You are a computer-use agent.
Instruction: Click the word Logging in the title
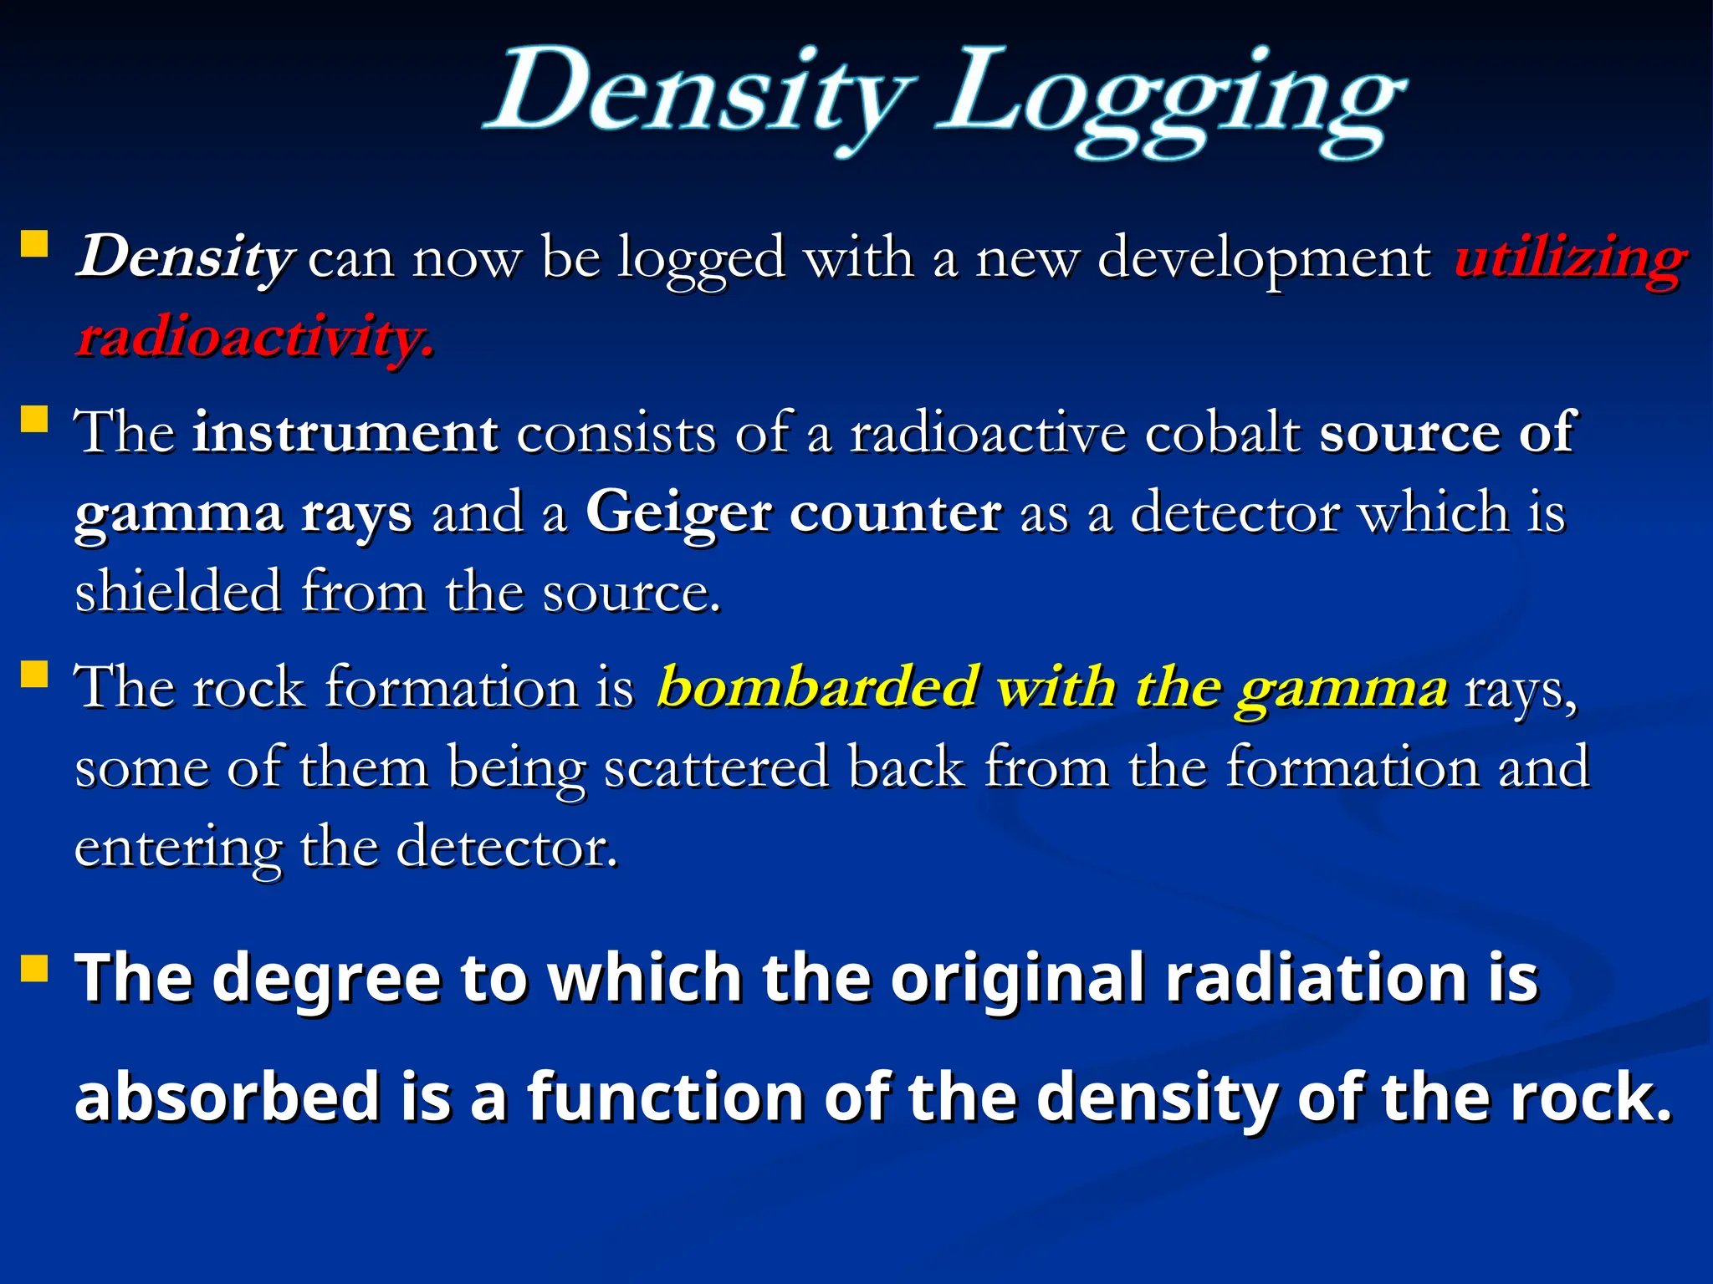[x=1171, y=100]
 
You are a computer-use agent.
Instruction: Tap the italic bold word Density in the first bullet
[x=184, y=257]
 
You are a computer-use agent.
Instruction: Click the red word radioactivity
[x=255, y=339]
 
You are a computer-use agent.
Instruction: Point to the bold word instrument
[x=345, y=433]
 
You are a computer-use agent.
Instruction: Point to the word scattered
[x=716, y=767]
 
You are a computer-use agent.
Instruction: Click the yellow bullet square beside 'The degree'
[x=34, y=969]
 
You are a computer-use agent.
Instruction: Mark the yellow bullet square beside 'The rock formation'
[x=34, y=673]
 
